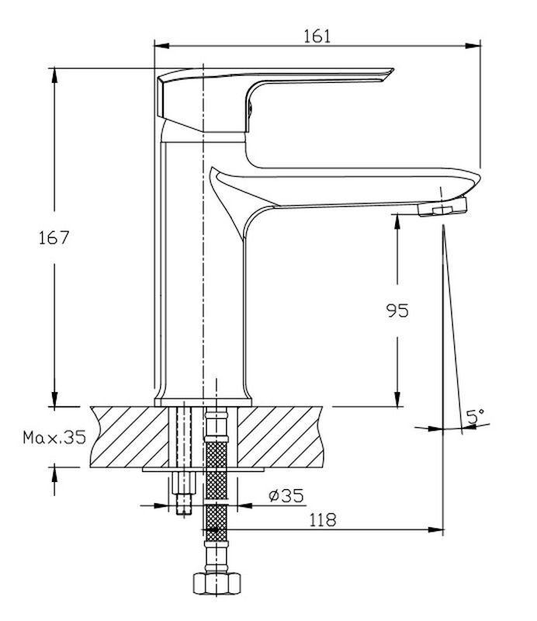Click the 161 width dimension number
click(x=317, y=36)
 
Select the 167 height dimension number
click(x=54, y=238)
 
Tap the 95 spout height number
click(x=397, y=310)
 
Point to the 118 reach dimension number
click(x=322, y=519)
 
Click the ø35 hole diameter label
click(x=286, y=495)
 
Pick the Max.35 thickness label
click(x=54, y=437)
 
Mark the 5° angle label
click(x=475, y=416)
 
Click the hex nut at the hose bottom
click(x=217, y=583)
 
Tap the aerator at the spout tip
click(x=443, y=206)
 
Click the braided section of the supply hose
click(x=217, y=491)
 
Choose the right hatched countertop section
click(x=279, y=436)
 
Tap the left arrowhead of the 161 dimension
click(x=161, y=46)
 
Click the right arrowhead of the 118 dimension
click(x=435, y=529)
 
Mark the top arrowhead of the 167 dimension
click(x=54, y=75)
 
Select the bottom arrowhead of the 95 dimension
click(x=397, y=399)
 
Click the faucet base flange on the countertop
click(x=203, y=402)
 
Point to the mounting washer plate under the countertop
click(x=203, y=470)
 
